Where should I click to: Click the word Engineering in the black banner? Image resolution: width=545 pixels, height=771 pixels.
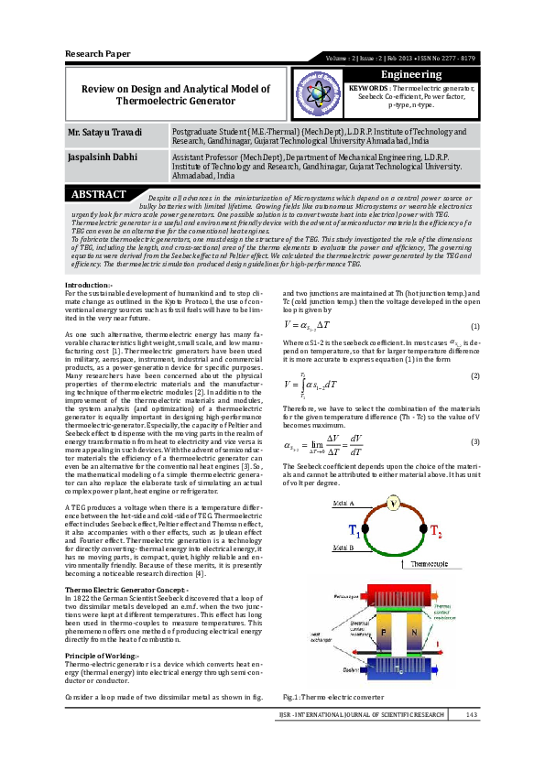(410, 73)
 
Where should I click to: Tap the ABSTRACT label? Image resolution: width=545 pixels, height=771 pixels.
(98, 194)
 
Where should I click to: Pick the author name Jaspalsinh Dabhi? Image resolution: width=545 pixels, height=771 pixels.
(97, 157)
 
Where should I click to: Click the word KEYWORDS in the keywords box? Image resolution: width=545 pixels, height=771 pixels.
(369, 88)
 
